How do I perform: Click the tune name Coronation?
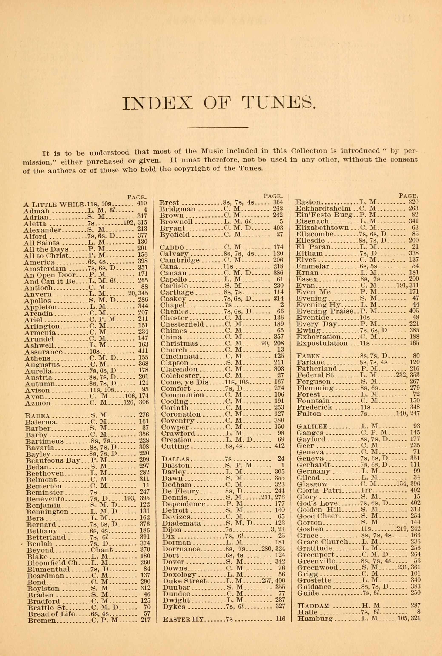pyautogui.click(x=181, y=414)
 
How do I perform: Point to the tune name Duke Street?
pyautogui.click(x=185, y=581)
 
